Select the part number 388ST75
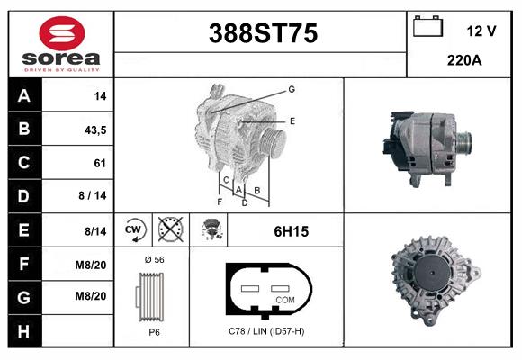[x=263, y=33]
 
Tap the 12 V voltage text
[x=481, y=31]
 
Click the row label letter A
[x=23, y=95]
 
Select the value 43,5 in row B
[x=94, y=130]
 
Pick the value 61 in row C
[x=100, y=163]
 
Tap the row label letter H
[x=23, y=331]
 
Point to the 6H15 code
[x=291, y=231]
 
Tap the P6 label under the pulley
[x=153, y=332]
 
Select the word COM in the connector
[x=285, y=299]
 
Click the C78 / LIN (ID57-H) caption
[x=266, y=332]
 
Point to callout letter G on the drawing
[x=292, y=89]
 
